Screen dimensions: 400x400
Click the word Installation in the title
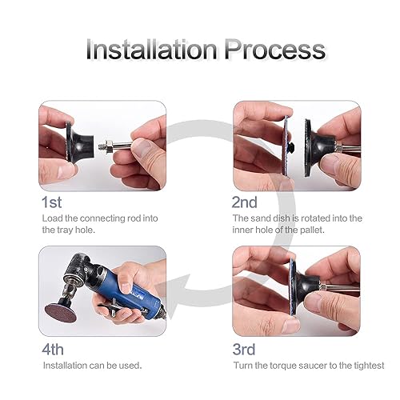(151, 50)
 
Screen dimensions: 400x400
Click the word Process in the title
(275, 50)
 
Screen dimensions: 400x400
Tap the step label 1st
(52, 202)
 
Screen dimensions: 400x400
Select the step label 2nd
(245, 202)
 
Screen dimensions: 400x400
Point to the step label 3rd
(244, 350)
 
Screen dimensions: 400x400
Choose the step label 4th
(53, 350)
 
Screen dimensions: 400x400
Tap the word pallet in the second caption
(312, 230)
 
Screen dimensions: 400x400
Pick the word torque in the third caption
(283, 366)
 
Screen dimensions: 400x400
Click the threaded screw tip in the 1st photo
(102, 146)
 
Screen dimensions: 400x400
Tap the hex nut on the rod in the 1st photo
(109, 146)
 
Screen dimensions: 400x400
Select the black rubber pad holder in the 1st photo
(79, 143)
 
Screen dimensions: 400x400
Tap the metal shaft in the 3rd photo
(338, 288)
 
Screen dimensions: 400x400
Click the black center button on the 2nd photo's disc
(291, 146)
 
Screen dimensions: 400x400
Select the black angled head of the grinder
(78, 270)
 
